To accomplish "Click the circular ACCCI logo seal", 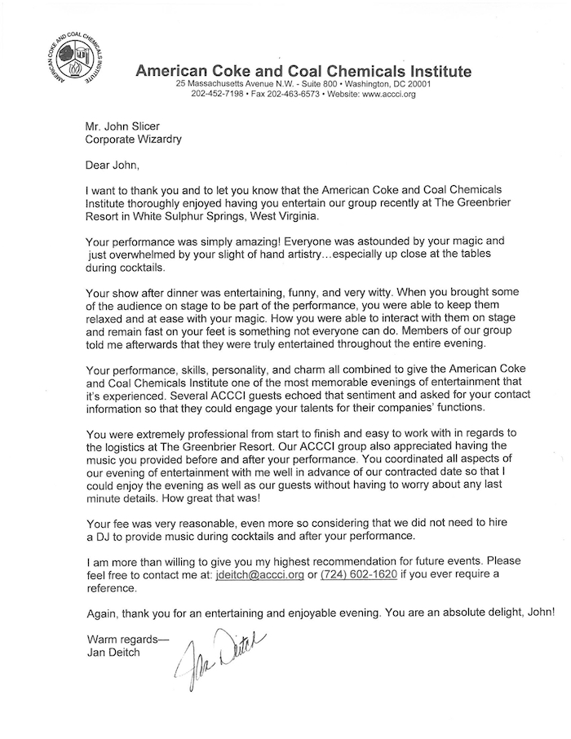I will click(71, 61).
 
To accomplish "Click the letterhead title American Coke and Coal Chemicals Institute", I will click(303, 71).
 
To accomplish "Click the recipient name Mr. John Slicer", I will click(123, 126).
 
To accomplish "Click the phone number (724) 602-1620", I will click(353, 574).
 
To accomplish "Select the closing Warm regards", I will click(125, 639).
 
